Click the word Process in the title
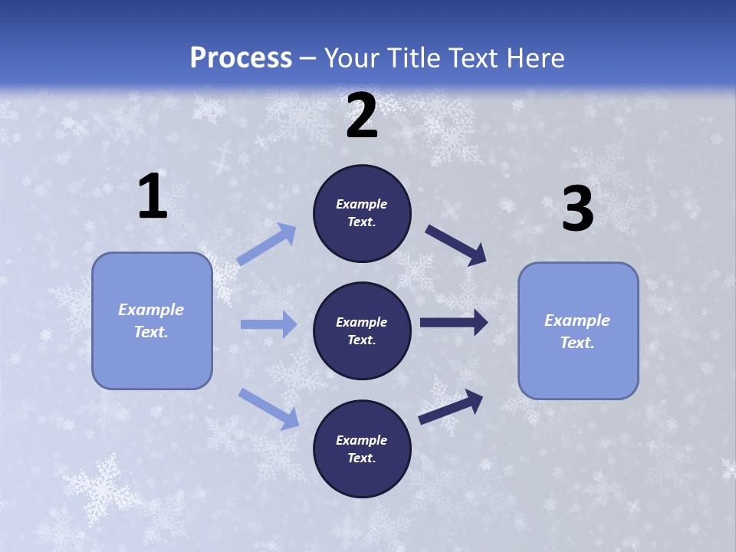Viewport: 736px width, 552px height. pos(241,58)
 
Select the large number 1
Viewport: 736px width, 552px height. pos(153,198)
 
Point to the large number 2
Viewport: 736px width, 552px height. pos(362,117)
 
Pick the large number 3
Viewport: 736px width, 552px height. pos(577,210)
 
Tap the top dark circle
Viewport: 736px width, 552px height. pos(362,213)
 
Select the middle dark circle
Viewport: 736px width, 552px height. pos(362,331)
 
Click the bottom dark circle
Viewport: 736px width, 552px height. pos(362,449)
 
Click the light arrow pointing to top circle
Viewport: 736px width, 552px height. pos(267,245)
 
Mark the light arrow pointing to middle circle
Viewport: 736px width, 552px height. pos(268,324)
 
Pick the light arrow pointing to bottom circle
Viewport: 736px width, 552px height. pos(268,408)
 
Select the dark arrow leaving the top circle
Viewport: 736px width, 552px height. pos(456,245)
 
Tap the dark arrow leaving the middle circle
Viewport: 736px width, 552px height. pos(454,323)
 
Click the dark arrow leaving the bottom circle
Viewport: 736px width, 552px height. pos(451,406)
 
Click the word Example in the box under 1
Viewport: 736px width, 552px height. pos(151,310)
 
